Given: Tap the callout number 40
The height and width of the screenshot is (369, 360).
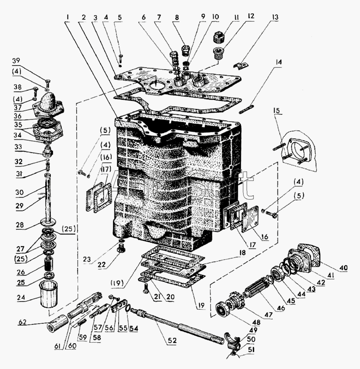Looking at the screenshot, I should tap(342, 267).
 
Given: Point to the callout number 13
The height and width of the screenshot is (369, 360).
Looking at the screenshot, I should tap(276, 18).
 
